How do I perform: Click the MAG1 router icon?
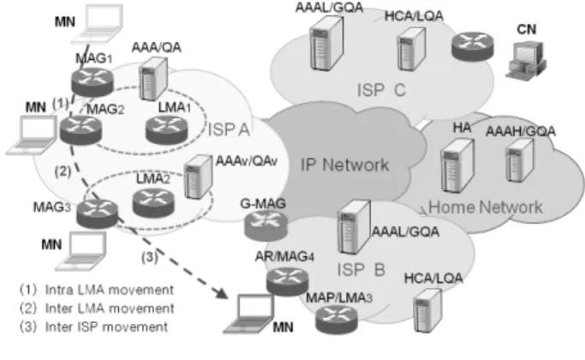(x=93, y=81)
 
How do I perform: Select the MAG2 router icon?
(x=81, y=129)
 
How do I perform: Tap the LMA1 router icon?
(x=166, y=129)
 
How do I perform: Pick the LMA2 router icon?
(x=153, y=203)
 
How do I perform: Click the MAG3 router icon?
(x=97, y=213)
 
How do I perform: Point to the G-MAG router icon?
(x=266, y=225)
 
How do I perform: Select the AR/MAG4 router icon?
(x=287, y=282)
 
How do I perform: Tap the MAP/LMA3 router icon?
(x=337, y=320)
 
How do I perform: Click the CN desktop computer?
(x=526, y=60)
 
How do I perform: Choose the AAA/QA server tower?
(x=153, y=79)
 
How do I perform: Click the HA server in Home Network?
(x=457, y=165)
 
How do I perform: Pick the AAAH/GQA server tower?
(x=520, y=159)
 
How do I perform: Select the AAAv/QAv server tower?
(x=199, y=177)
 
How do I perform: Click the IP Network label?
(x=344, y=165)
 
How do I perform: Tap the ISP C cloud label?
(x=381, y=90)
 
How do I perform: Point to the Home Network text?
(x=486, y=207)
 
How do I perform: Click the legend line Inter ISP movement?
(x=93, y=327)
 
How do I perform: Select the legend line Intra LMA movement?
(x=97, y=290)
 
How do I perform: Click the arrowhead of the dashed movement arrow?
(x=222, y=293)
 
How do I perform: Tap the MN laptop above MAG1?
(x=98, y=24)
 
